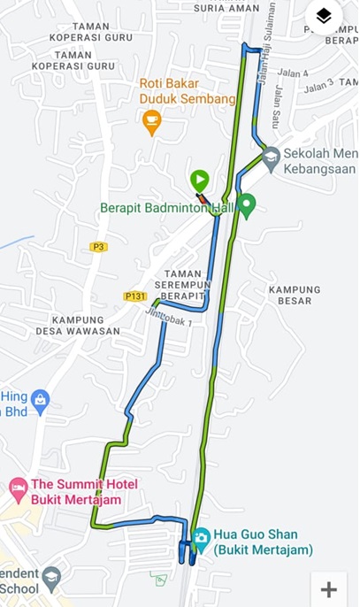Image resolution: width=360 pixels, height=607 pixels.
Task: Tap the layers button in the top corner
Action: pos(324,16)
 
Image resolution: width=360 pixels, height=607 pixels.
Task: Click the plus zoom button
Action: pos(328,589)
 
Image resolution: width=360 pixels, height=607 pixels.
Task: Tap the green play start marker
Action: pos(198,179)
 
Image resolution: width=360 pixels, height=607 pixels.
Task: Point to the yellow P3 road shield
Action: pos(98,247)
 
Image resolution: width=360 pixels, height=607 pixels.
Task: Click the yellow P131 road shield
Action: pos(134,296)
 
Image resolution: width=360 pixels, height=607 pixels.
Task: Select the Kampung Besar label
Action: pos(295,295)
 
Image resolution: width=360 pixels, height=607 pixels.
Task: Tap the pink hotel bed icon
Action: pos(18,486)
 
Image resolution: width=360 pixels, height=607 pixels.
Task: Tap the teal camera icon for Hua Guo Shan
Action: pos(201,537)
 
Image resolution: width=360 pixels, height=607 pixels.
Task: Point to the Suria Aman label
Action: pos(226,7)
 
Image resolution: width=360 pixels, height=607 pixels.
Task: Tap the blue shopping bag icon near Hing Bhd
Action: pos(40,403)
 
